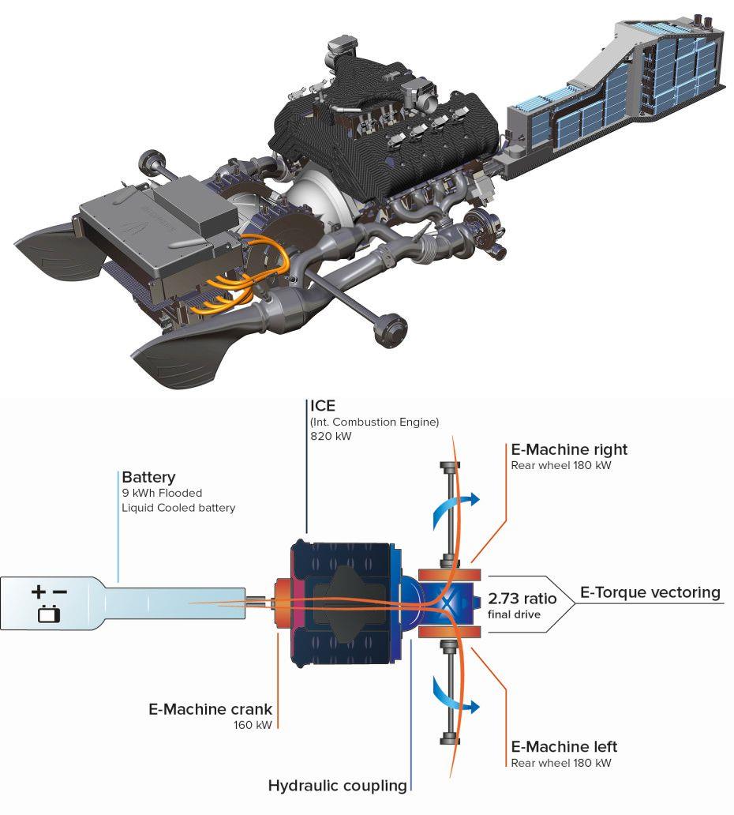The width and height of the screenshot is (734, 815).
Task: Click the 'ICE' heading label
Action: [323, 406]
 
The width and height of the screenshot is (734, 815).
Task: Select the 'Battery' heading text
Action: [148, 477]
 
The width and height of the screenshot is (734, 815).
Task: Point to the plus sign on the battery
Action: [39, 591]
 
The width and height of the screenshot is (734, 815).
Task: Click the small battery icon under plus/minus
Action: [49, 613]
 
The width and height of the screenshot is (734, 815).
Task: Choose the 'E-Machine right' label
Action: [569, 449]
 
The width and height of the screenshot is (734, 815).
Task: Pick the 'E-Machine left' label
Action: [564, 746]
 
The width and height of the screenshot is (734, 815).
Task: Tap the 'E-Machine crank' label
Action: [210, 708]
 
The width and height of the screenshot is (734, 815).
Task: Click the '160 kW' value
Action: [253, 725]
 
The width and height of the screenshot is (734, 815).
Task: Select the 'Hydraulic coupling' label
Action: [337, 785]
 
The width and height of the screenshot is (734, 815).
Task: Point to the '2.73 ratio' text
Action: [522, 599]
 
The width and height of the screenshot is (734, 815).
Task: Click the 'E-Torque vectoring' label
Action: [650, 592]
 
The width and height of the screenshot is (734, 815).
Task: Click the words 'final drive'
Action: [514, 614]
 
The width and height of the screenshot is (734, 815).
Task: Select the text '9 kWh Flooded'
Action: [162, 494]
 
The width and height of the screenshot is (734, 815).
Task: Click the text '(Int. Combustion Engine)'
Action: [374, 421]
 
